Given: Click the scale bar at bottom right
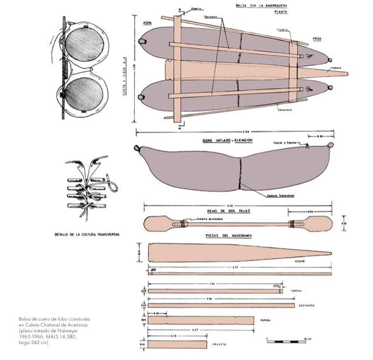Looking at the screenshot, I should (x=287, y=341).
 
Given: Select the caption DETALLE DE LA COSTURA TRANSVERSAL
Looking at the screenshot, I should (x=88, y=234).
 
